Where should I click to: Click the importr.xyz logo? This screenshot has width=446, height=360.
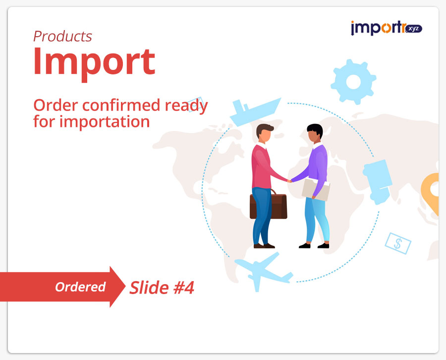point(386,28)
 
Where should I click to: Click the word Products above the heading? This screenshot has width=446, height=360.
point(62,36)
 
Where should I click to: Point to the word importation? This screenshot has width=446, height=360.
point(105,121)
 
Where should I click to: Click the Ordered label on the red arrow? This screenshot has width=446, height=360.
point(80,287)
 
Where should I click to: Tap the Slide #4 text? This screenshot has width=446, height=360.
point(162,288)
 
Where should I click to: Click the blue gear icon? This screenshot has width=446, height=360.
point(353,82)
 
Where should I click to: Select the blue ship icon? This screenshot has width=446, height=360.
point(255,112)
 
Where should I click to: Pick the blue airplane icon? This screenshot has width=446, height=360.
point(264,272)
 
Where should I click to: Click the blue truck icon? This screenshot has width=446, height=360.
point(378,181)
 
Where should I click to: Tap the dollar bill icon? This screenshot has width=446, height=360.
point(398,243)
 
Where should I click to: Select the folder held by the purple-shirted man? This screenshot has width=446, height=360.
point(316,189)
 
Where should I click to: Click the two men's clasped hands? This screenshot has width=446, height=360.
point(289,180)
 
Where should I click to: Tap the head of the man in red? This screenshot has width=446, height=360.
point(264,133)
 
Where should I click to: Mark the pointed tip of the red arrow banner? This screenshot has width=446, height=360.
point(125,287)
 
